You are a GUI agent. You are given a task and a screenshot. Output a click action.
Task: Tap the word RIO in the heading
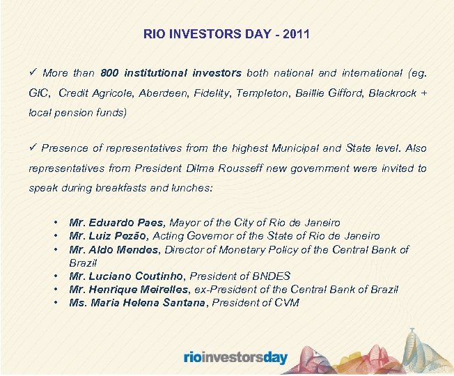pyautogui.click(x=155, y=33)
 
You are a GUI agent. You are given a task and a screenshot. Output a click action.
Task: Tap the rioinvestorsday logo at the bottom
pyautogui.click(x=235, y=357)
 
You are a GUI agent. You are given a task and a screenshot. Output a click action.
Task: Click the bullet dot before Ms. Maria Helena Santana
pyautogui.click(x=55, y=302)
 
